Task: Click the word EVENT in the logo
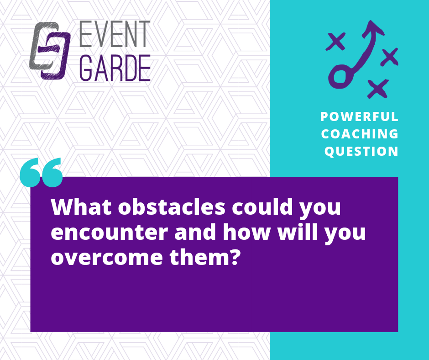point(115,34)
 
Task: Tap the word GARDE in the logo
point(115,68)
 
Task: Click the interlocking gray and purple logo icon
point(50,51)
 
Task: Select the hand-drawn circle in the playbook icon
point(340,77)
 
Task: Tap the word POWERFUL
point(359,116)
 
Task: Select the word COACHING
point(360,134)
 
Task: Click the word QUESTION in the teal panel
point(361,151)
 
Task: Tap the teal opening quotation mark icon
point(42,173)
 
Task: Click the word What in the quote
point(81,207)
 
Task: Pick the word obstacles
point(172,207)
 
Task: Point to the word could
point(262,207)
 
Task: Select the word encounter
point(109,233)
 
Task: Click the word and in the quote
point(195,232)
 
